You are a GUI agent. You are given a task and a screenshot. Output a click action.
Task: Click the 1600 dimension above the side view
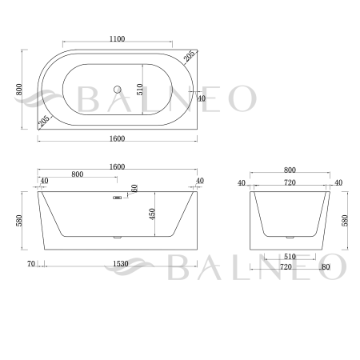pyautogui.click(x=118, y=166)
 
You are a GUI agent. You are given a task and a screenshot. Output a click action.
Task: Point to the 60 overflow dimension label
pyautogui.click(x=134, y=189)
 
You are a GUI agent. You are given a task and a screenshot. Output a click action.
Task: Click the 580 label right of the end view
pyautogui.click(x=346, y=219)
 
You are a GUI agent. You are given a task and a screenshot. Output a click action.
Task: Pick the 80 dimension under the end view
pyautogui.click(x=326, y=267)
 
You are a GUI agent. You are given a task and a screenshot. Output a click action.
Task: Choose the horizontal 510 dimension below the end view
pyautogui.click(x=290, y=257)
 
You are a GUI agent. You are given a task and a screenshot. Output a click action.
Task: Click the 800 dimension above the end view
pyautogui.click(x=290, y=170)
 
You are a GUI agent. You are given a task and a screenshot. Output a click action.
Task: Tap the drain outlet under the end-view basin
pyautogui.click(x=289, y=238)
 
